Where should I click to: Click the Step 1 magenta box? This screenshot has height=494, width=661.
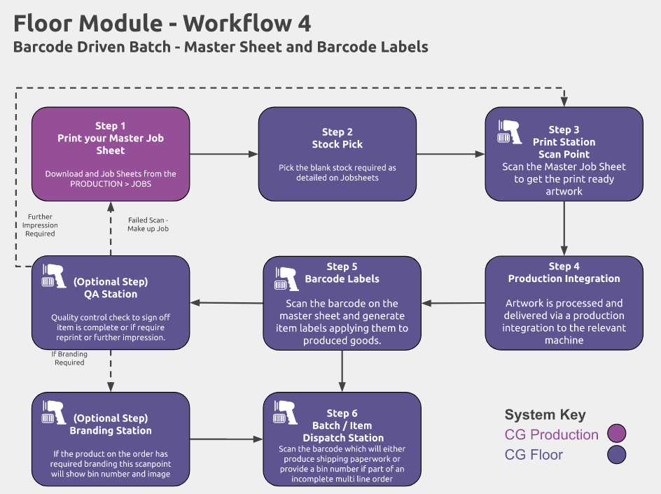point(111,154)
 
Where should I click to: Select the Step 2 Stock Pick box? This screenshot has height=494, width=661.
point(338,154)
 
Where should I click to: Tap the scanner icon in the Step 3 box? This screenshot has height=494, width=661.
point(509,132)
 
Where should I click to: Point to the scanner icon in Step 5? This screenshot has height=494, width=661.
point(286,278)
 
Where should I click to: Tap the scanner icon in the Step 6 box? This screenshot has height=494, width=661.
point(286,412)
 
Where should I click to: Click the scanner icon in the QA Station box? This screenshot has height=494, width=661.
point(54,276)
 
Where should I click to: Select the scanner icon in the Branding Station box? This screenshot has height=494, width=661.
point(54,412)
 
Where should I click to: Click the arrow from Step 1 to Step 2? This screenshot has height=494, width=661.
point(224,154)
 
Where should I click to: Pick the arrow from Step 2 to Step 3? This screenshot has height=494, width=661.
point(451,154)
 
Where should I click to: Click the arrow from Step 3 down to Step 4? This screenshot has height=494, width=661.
point(564,228)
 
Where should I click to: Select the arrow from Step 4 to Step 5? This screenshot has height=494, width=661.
point(453,303)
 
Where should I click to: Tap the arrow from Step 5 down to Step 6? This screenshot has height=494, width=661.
point(342,371)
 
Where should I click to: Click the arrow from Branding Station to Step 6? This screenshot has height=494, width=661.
point(226,439)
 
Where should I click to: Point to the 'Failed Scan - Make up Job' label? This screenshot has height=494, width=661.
point(148,225)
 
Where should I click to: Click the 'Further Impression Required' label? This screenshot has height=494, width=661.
point(40,225)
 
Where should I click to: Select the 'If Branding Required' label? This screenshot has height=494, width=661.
point(69,358)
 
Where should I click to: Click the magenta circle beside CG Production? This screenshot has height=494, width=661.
point(616,433)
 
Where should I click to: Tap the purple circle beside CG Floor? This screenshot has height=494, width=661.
point(616,454)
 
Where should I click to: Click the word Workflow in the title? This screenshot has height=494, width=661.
point(238,23)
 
